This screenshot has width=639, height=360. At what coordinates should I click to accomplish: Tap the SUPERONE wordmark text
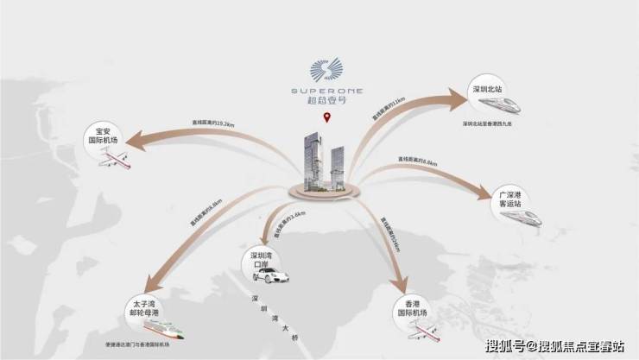click(x=326, y=88)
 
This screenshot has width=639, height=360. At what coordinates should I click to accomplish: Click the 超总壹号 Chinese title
click(x=326, y=101)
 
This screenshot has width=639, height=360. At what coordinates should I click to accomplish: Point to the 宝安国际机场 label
click(x=102, y=137)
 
